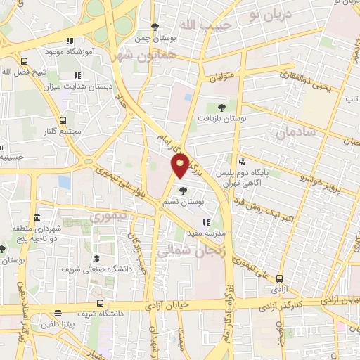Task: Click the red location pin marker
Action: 180,165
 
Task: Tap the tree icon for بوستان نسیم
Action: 184,190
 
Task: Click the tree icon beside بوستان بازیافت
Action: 222,108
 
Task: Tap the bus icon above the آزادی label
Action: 280,278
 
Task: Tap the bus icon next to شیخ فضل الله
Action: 25,60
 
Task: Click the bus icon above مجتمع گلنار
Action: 63,120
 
